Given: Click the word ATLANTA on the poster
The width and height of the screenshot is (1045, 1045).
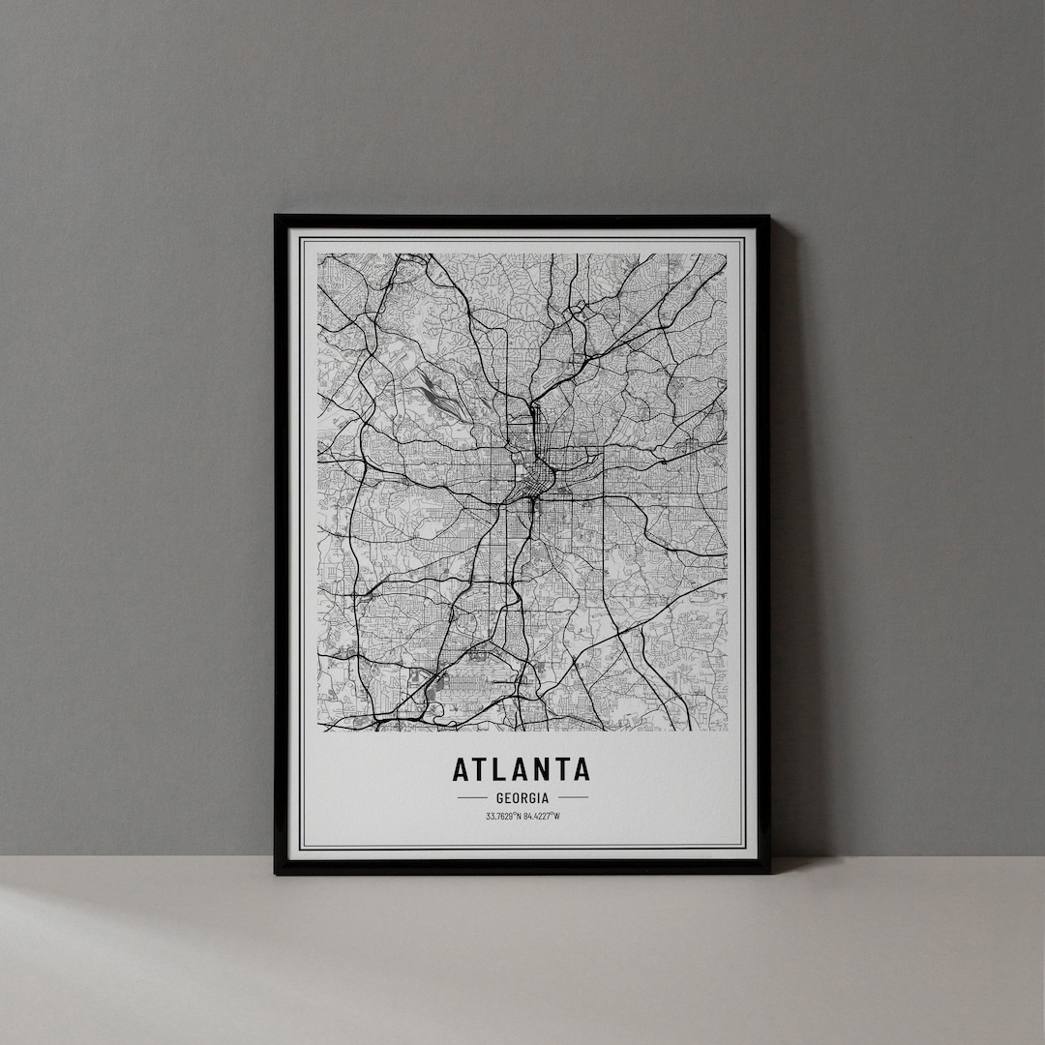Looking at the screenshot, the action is (x=521, y=769).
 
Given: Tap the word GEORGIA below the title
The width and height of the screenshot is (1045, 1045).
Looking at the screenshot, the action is (x=522, y=798).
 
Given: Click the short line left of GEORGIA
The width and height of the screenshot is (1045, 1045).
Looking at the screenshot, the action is (x=471, y=798).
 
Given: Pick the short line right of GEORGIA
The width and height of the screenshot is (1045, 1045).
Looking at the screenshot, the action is (x=573, y=798).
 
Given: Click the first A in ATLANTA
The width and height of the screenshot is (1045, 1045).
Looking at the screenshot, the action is (x=462, y=769).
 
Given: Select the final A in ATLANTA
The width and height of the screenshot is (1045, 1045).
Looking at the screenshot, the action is (x=581, y=769).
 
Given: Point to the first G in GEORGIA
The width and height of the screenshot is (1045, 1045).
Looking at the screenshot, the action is (x=499, y=798).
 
